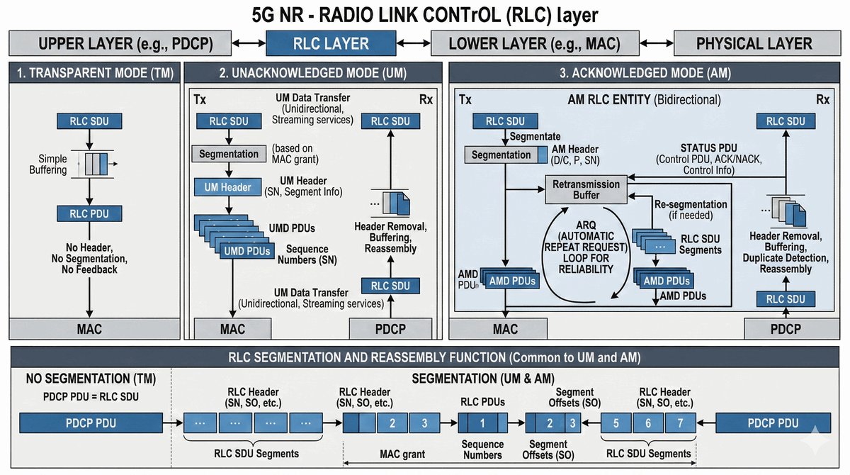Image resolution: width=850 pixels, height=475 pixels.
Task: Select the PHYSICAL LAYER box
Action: tap(754, 43)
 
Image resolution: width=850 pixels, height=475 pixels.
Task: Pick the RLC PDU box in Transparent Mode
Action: tap(88, 213)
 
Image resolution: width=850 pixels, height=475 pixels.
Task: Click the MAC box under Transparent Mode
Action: tap(89, 329)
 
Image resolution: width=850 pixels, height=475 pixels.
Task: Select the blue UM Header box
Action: tap(227, 188)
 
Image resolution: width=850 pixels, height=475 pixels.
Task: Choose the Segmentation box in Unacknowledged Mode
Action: tap(228, 153)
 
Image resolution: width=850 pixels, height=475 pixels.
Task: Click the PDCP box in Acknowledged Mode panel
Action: tap(785, 329)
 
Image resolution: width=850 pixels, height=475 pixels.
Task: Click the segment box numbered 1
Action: tap(482, 424)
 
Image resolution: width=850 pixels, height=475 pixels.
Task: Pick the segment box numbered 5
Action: tap(617, 424)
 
